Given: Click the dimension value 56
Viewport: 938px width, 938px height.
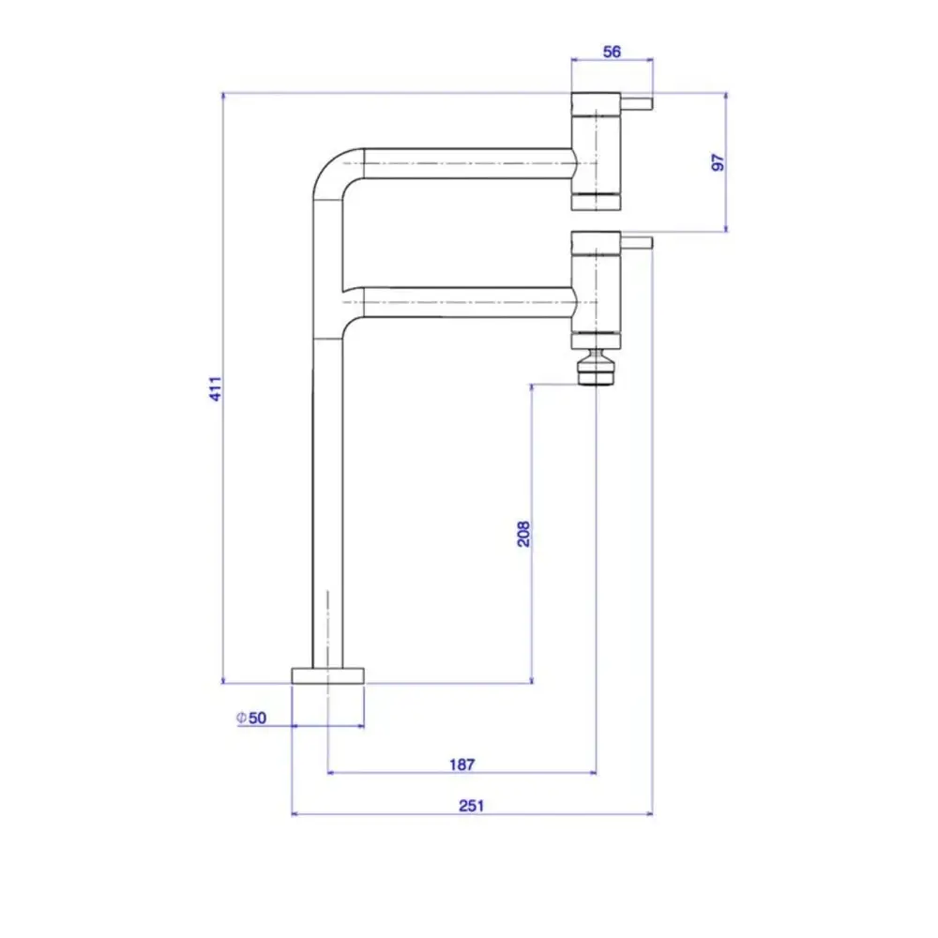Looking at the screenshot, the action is [x=612, y=52].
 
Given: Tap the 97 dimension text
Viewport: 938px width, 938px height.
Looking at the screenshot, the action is [x=718, y=162].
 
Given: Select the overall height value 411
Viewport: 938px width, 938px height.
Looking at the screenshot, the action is [x=216, y=389].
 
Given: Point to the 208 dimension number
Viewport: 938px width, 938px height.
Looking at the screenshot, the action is [x=523, y=534].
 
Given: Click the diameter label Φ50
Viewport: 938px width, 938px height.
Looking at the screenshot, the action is [x=251, y=718].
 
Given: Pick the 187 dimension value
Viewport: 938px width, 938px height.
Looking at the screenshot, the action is [x=461, y=764].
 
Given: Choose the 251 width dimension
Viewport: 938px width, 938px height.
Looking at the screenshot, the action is [x=472, y=806].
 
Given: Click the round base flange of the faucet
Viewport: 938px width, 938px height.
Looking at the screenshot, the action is [x=327, y=676].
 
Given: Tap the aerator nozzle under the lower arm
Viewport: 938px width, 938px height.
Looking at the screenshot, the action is [x=596, y=368].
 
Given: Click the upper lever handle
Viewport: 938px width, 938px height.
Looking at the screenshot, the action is [x=637, y=103].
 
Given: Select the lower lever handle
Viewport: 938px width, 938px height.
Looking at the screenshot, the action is [x=637, y=242].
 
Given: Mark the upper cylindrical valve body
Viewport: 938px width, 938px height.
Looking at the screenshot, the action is [x=596, y=153].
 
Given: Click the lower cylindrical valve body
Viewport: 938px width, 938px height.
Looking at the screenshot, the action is [x=596, y=293].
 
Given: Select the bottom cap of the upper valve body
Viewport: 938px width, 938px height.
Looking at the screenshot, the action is [x=596, y=203].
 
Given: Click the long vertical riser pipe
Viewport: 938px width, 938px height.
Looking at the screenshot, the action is [x=327, y=503].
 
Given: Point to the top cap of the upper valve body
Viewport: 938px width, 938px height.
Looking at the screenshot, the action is [x=596, y=103].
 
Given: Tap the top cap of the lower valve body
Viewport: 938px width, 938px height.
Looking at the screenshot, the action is [x=596, y=242].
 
